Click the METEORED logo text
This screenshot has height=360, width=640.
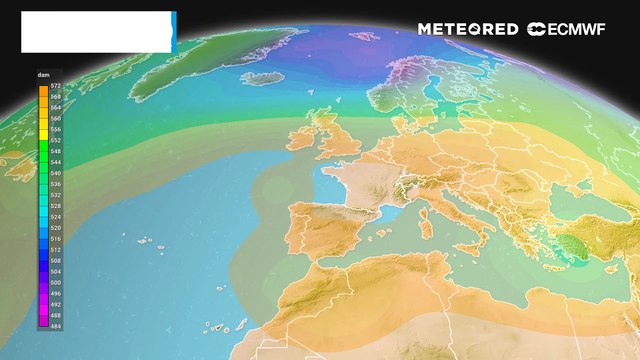[x=469, y=29]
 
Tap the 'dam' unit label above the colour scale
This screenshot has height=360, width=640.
[x=44, y=76]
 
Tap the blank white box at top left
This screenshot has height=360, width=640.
[x=96, y=32]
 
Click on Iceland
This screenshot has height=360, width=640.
[x=262, y=77]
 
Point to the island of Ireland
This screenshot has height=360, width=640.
[x=302, y=138]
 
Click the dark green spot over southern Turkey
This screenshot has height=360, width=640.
[x=576, y=243]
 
